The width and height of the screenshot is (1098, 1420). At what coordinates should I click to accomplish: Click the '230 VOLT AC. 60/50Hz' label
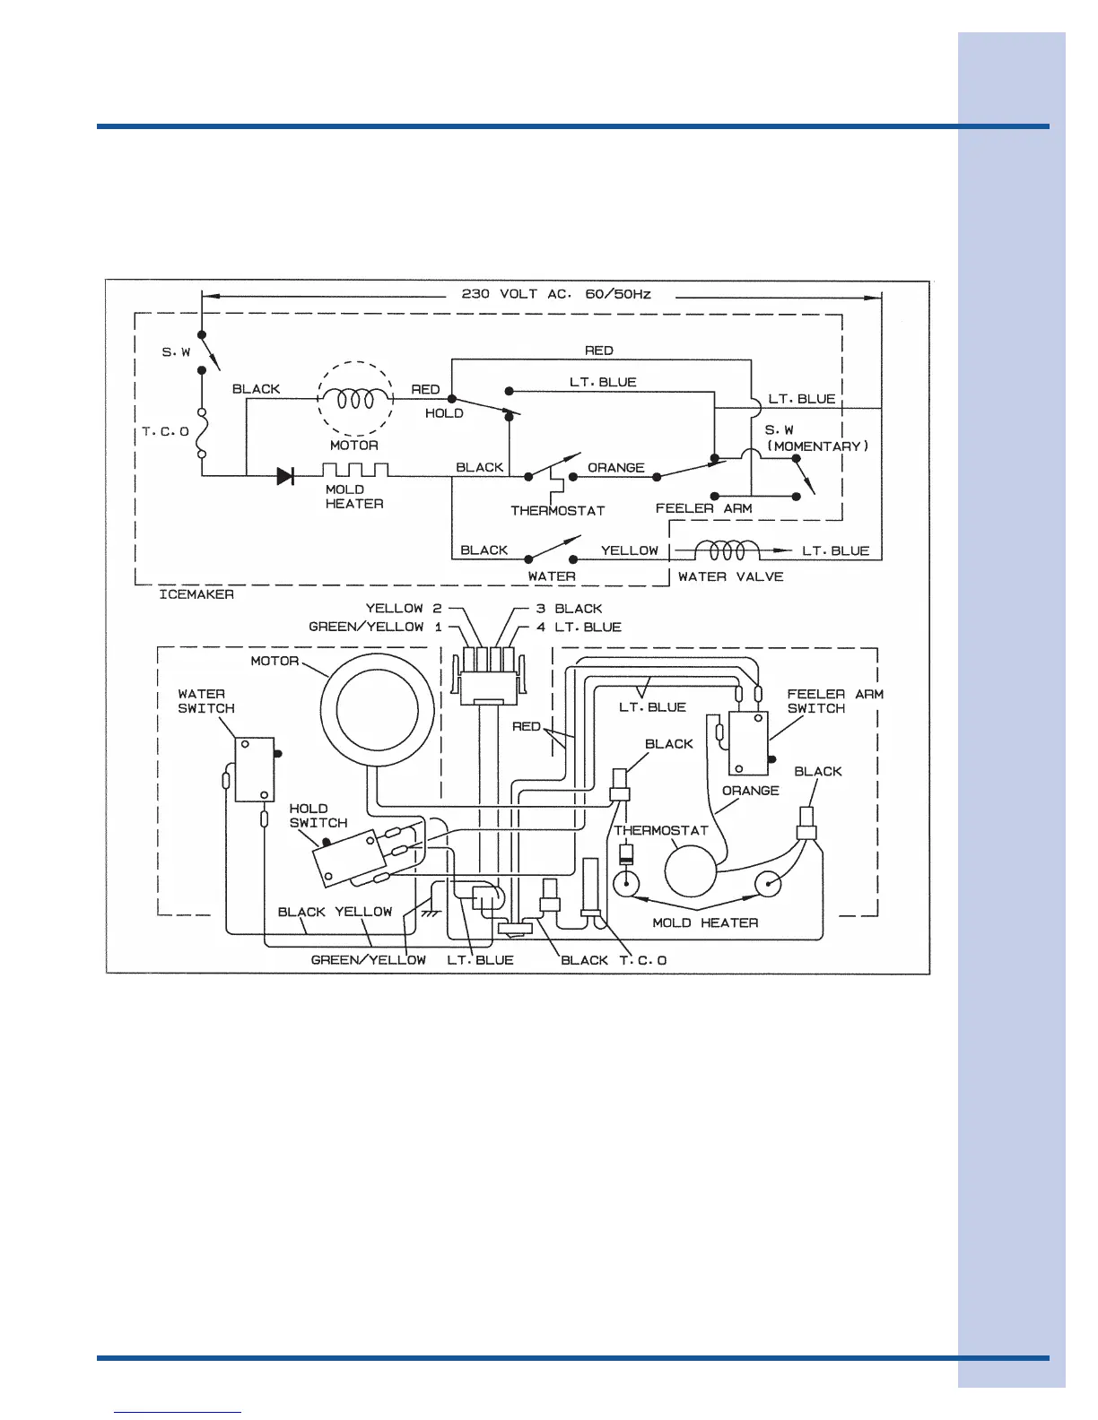tap(555, 294)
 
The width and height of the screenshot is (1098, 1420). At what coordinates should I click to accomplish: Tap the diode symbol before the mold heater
tap(285, 476)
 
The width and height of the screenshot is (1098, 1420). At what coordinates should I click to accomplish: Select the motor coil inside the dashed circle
tap(355, 399)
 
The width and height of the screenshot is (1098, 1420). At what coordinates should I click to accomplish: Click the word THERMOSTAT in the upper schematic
tap(557, 511)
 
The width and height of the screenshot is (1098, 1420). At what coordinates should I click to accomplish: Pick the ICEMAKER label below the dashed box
tap(196, 594)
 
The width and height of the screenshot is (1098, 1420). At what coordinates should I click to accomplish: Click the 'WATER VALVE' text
tap(730, 576)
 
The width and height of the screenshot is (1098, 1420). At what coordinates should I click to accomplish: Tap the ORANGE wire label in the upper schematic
tap(615, 468)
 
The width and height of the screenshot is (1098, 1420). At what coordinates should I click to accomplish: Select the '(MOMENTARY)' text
tap(817, 446)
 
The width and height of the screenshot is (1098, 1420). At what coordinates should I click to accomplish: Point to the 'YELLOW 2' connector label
tap(404, 609)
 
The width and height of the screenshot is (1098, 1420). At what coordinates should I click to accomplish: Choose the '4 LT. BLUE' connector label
tap(579, 627)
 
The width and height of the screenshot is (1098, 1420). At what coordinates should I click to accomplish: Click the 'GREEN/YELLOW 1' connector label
tap(375, 627)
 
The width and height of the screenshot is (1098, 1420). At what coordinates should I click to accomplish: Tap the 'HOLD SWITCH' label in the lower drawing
tap(318, 816)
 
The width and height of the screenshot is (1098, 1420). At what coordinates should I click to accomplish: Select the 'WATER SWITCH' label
tap(205, 701)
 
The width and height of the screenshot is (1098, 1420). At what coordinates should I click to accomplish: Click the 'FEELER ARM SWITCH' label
tap(834, 701)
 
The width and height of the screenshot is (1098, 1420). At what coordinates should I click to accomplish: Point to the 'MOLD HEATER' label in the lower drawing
tap(705, 922)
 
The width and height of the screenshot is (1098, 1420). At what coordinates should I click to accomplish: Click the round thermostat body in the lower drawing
tap(690, 870)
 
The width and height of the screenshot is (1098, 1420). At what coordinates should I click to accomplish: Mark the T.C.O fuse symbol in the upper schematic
tap(202, 432)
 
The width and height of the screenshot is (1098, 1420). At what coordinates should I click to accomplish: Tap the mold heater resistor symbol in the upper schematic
tap(355, 470)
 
